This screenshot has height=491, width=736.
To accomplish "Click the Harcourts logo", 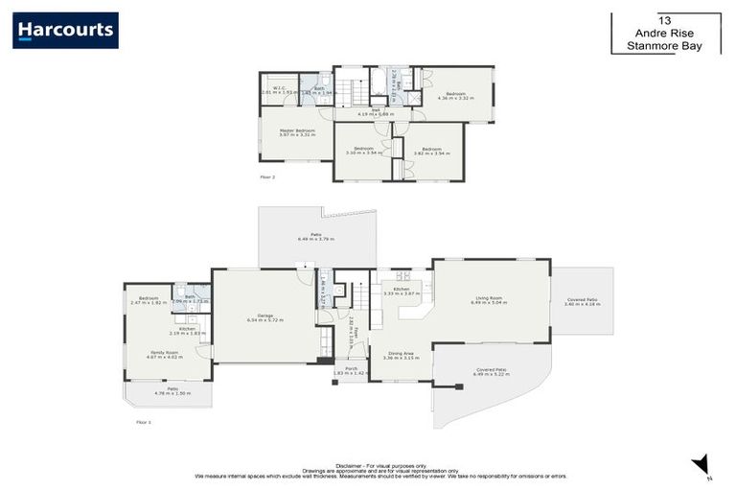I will pos(65,30).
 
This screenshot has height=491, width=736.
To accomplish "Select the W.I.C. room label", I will pos(277,88).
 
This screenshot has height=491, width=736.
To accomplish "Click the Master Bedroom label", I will pos(297,129).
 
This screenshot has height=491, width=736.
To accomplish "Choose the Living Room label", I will pos(489,298).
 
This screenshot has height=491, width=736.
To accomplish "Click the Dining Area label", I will pos(395,354).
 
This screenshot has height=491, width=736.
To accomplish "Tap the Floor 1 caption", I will pos(143,421).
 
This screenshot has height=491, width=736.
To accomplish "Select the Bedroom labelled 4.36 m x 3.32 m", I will pos(455,94).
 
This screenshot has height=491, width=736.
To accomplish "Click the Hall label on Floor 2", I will pos(377,110).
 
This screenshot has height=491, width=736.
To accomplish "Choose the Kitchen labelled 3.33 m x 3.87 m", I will pos(398,291).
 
